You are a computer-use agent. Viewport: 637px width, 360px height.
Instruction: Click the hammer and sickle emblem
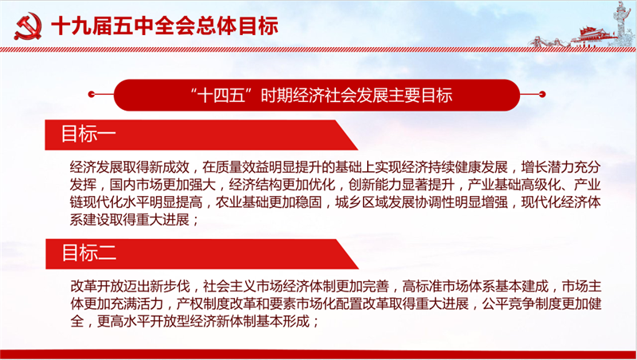tap(28, 26)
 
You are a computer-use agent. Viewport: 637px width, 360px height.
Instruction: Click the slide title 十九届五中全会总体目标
tap(165, 26)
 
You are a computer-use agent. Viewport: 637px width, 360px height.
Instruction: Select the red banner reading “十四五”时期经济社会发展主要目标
tap(317, 95)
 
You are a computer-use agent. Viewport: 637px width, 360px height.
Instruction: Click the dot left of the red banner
tap(91, 95)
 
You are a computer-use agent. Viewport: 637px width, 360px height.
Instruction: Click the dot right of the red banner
tap(542, 95)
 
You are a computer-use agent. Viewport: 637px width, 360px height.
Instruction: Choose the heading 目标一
tap(88, 134)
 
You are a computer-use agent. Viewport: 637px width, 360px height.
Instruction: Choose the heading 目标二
tap(89, 253)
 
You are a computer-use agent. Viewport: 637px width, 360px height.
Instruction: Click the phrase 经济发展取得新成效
tap(130, 167)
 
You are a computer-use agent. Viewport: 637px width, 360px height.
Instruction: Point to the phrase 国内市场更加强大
tap(163, 185)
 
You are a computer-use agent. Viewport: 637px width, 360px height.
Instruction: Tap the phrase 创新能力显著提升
tap(401, 185)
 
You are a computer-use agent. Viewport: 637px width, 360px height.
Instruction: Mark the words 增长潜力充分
tap(561, 167)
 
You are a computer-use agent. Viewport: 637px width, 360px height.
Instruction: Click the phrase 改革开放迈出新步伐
tap(130, 287)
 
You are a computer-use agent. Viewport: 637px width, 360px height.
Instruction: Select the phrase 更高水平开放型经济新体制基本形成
tap(203, 322)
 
